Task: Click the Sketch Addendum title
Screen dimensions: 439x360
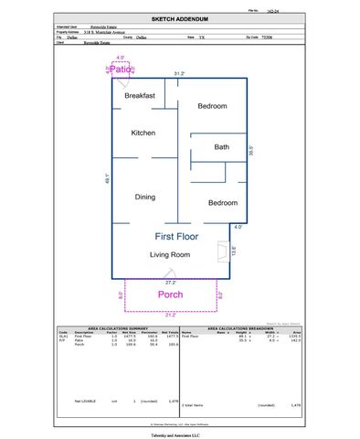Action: (180, 17)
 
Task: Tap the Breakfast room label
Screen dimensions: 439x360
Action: (140, 96)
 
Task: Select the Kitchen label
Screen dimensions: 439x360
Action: (143, 134)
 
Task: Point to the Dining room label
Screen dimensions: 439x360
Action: (145, 197)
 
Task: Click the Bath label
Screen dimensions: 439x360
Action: (222, 147)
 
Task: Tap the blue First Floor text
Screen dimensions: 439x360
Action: (170, 236)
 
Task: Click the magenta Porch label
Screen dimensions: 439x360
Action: (171, 294)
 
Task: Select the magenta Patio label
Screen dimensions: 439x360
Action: (122, 70)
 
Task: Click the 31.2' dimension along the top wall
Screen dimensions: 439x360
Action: (180, 73)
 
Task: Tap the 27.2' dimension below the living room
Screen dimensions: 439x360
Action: (171, 283)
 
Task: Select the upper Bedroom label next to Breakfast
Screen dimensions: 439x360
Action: (212, 107)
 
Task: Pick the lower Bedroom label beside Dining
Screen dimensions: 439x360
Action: (222, 203)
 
